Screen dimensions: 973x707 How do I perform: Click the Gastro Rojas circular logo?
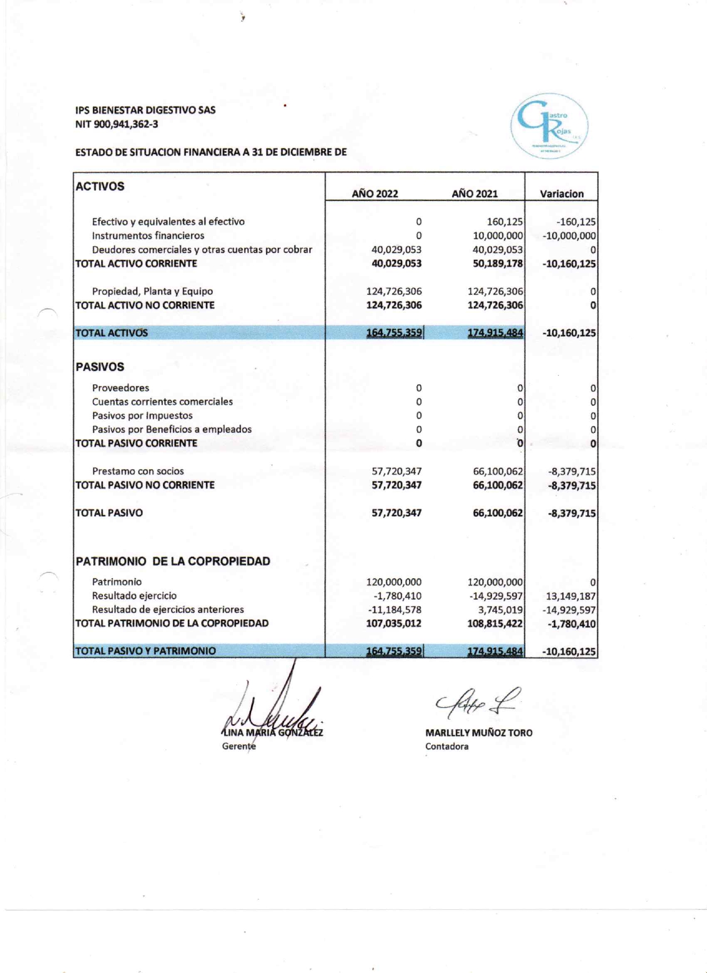pos(548,126)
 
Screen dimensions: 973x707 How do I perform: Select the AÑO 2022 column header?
pos(375,193)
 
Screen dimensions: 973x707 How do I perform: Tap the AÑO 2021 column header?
pos(475,193)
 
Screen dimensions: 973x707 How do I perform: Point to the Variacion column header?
pos(562,193)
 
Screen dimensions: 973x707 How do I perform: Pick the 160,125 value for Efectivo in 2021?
pos(505,222)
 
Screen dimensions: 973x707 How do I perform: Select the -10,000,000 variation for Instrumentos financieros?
pos(569,236)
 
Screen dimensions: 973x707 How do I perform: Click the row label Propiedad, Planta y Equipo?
pos(152,291)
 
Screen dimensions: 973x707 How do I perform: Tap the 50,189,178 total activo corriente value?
pos(497,263)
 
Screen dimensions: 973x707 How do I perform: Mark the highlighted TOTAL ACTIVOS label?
pos(111,333)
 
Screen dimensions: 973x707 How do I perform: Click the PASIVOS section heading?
pos(100,366)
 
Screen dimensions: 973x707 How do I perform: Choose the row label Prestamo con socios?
pos(138,471)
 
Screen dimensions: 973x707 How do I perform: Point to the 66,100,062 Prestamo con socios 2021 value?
pos(497,471)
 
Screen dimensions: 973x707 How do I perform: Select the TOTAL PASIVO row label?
pos(109,513)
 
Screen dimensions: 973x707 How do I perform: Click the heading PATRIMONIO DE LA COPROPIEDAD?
pos(173,561)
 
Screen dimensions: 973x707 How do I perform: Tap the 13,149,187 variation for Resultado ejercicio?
pos(571,596)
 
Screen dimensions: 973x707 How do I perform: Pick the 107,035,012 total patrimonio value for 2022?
pos(394,623)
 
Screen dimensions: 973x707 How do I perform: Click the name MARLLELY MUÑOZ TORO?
pos(479,732)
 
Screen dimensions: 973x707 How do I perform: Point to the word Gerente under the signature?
pos(239,746)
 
